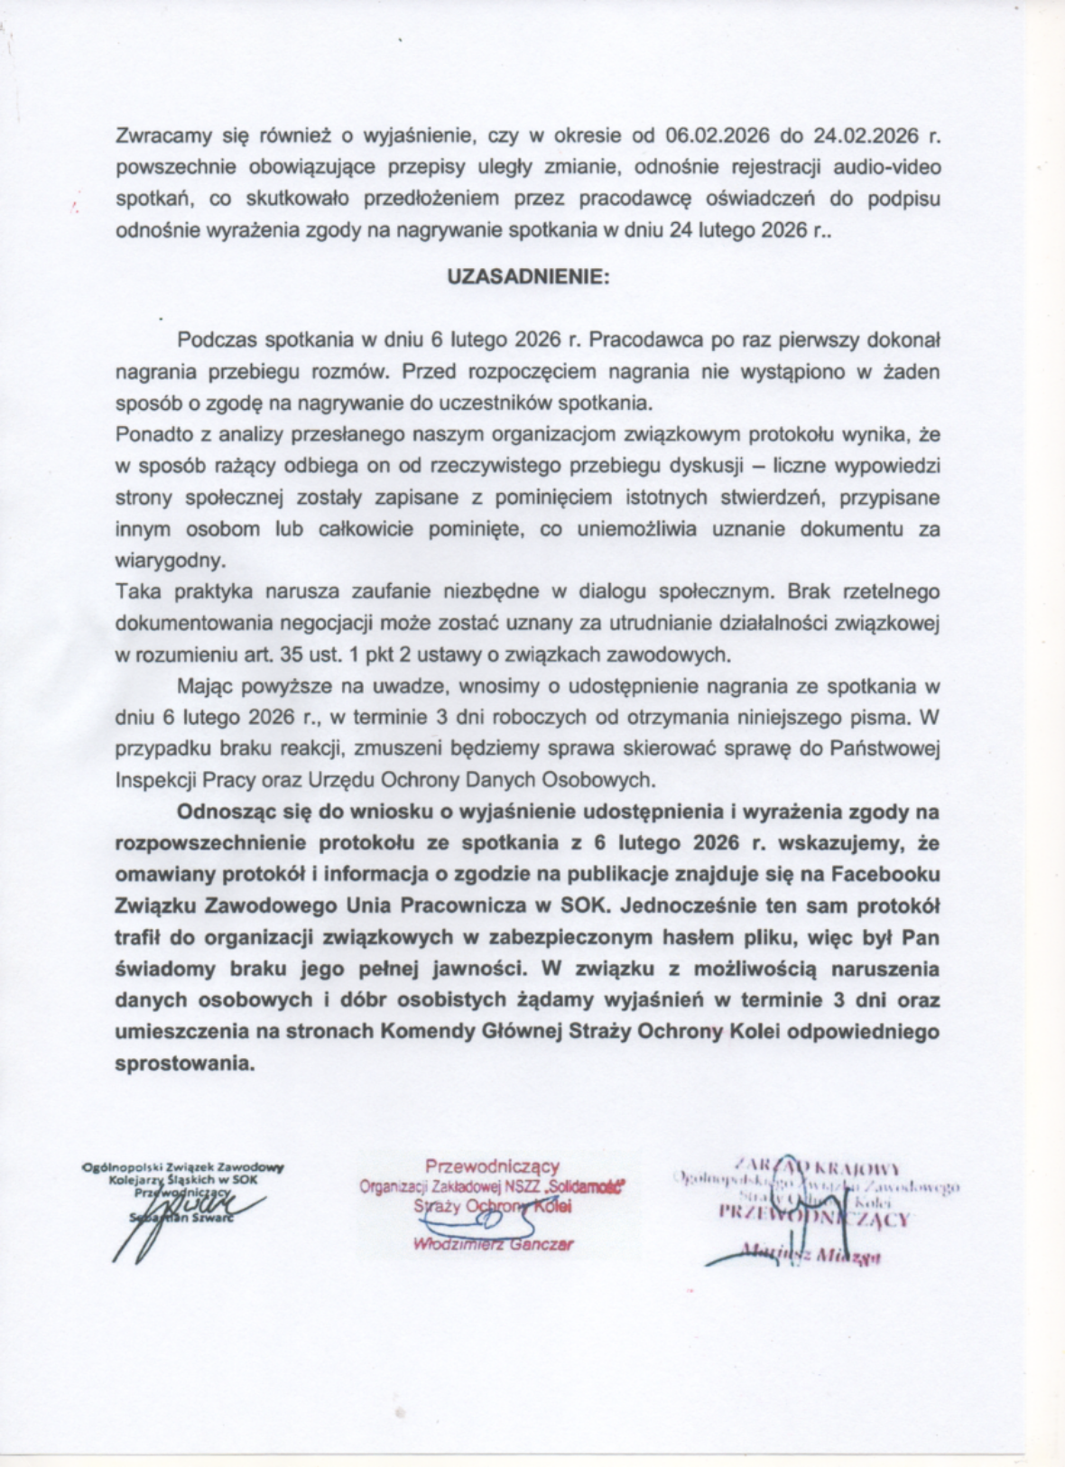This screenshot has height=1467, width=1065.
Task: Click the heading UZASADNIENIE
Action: (529, 278)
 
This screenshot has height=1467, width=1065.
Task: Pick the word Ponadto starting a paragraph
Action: (151, 435)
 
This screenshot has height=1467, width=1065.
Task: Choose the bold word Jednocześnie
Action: (708, 905)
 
